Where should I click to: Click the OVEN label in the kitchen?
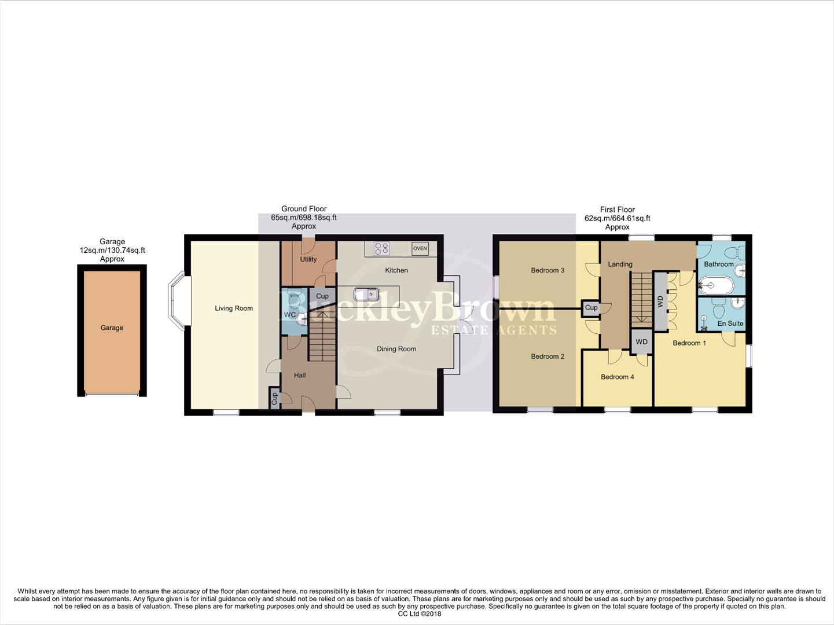(420, 248)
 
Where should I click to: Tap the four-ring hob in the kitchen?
(381, 248)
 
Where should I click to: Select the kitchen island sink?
(366, 294)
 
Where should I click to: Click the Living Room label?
(234, 308)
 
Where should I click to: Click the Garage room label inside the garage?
(112, 328)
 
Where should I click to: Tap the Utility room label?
(308, 259)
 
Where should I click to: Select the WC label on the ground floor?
(289, 315)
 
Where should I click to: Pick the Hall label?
(300, 375)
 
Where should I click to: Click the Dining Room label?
(396, 349)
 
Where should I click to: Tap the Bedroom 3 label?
(548, 270)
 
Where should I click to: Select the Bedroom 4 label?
(617, 377)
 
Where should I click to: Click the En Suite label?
(730, 323)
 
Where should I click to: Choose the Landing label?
(620, 264)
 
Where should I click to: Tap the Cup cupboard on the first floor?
(591, 308)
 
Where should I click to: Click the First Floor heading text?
(617, 209)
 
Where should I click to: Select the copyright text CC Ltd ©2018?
(420, 614)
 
